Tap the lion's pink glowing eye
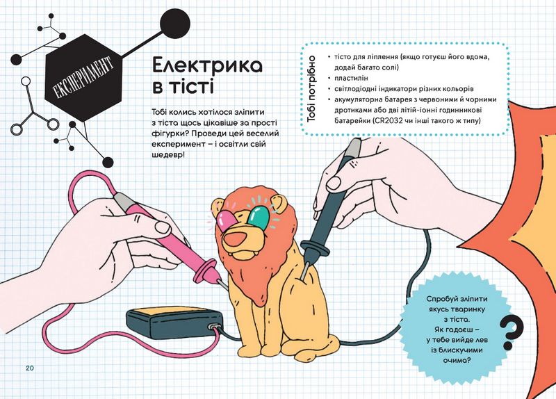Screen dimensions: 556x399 (x=227, y=220)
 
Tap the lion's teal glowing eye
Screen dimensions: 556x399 (x=259, y=218)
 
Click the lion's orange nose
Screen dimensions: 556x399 (x=238, y=239)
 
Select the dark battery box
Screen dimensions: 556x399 (x=175, y=325)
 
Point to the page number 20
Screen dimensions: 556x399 (x=29, y=368)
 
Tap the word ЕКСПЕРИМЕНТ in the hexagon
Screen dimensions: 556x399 (x=83, y=78)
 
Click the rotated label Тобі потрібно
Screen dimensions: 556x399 (x=311, y=89)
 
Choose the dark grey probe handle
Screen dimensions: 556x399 (x=326, y=206)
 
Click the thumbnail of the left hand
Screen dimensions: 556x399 (x=163, y=227)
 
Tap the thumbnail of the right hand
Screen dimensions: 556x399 (x=333, y=184)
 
